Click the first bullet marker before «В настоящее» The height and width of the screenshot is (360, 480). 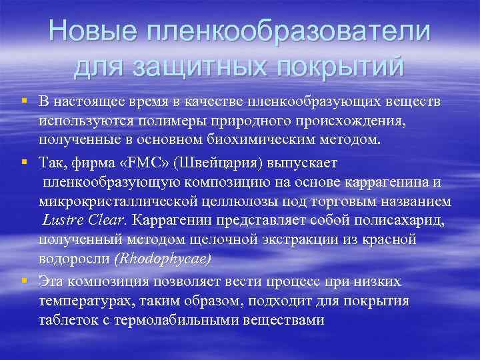[24, 101]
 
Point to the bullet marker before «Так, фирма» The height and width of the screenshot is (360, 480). [24, 162]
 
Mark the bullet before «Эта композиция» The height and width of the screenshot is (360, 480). [24, 281]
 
